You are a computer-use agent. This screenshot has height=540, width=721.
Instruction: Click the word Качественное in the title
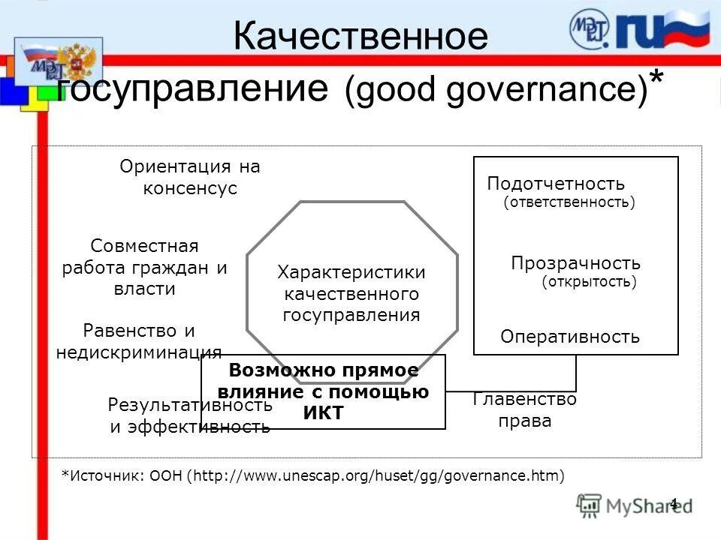pyautogui.click(x=360, y=36)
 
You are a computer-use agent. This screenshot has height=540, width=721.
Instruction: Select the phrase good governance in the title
pyautogui.click(x=496, y=89)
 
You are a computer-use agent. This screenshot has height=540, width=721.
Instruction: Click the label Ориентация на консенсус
pyautogui.click(x=190, y=178)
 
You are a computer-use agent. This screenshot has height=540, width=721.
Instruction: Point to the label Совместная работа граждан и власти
pyautogui.click(x=144, y=267)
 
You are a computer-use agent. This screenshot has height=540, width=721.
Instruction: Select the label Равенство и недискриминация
pyautogui.click(x=139, y=341)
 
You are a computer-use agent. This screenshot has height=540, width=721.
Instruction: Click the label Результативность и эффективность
pyautogui.click(x=190, y=416)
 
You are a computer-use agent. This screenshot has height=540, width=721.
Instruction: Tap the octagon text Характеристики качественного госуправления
pyautogui.click(x=351, y=293)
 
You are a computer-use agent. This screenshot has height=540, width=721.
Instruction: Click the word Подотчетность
pyautogui.click(x=556, y=184)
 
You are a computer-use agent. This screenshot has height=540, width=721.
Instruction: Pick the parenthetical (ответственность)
pyautogui.click(x=569, y=202)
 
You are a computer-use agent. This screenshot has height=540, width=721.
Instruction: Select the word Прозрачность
pyautogui.click(x=575, y=263)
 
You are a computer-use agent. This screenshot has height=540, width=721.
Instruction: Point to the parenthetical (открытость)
pyautogui.click(x=589, y=282)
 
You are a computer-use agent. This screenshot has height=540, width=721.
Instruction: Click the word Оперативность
pyautogui.click(x=570, y=337)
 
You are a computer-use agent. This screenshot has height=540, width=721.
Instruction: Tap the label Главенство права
pyautogui.click(x=525, y=410)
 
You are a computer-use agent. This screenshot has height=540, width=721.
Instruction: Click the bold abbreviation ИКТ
pyautogui.click(x=324, y=412)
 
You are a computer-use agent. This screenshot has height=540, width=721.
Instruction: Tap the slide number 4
pyautogui.click(x=673, y=503)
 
